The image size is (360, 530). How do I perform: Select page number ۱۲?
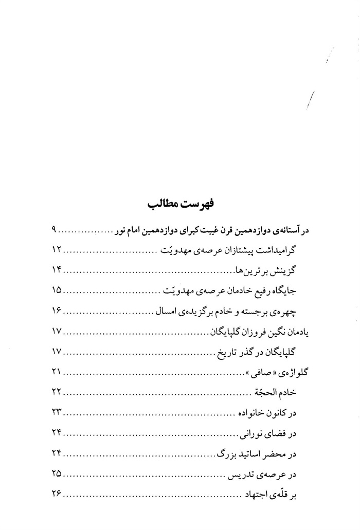pyautogui.click(x=57, y=250)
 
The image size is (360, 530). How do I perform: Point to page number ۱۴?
pyautogui.click(x=57, y=270)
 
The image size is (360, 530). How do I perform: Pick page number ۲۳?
pyautogui.click(x=57, y=413)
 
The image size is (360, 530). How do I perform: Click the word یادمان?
pyautogui.click(x=296, y=332)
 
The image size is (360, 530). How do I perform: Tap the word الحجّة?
pyautogui.click(x=262, y=393)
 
